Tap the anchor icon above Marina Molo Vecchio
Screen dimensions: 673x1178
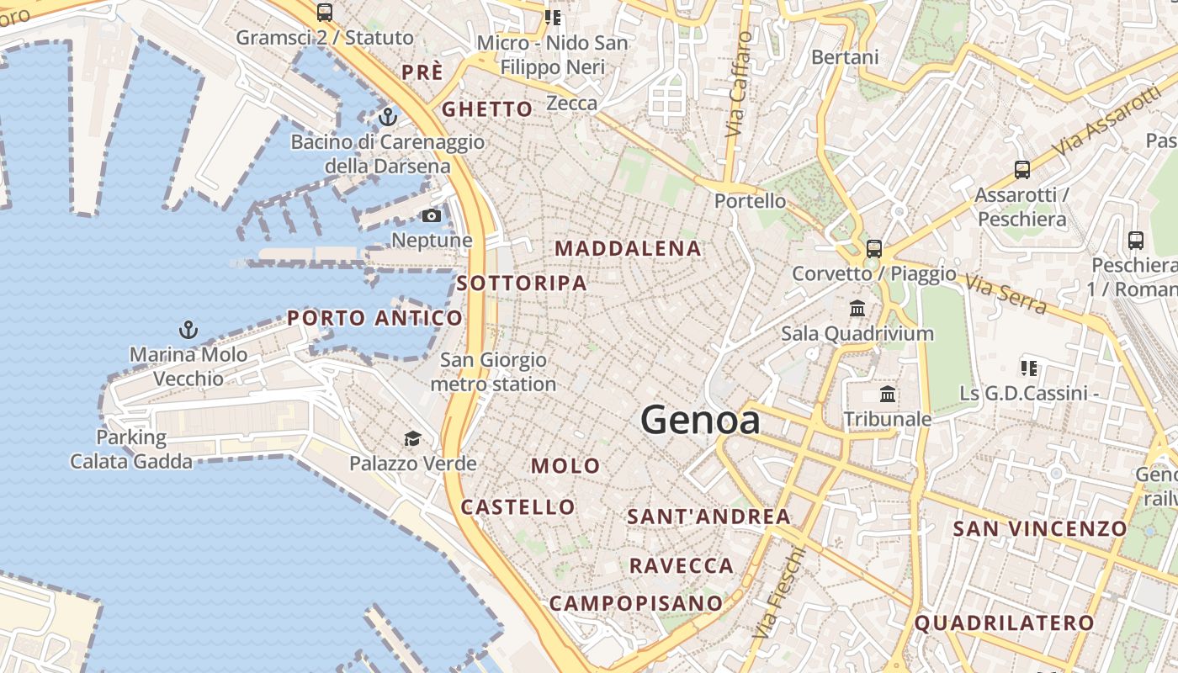188,329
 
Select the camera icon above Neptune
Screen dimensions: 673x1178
432,216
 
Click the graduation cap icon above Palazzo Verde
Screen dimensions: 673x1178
412,438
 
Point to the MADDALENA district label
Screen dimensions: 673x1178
629,248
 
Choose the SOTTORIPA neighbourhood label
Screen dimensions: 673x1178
522,283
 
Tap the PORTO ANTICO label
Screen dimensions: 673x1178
375,318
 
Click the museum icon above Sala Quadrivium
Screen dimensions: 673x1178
857,309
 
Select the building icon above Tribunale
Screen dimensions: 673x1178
887,395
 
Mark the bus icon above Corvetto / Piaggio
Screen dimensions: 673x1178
874,249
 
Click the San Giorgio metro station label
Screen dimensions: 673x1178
494,372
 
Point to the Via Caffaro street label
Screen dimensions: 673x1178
738,84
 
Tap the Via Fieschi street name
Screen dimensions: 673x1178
780,591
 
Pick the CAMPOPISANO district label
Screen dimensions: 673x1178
636,603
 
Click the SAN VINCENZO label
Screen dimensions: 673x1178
1039,528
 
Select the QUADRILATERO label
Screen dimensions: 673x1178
1004,623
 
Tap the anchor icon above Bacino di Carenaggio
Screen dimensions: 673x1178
388,116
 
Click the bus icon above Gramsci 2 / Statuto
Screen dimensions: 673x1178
325,13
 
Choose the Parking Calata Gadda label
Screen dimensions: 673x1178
131,449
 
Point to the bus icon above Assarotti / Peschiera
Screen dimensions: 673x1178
1021,170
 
